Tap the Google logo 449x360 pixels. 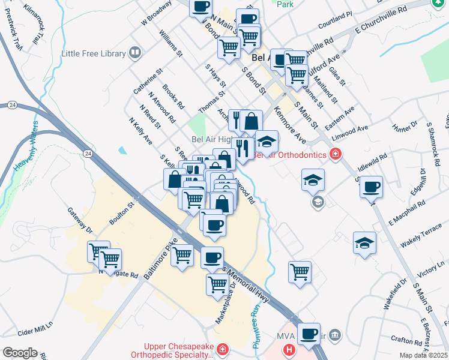pos(20,352)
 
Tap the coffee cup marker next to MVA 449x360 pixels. pos(309,334)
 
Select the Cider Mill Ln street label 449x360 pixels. pos(35,332)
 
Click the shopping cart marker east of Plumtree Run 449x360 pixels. pos(300,271)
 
